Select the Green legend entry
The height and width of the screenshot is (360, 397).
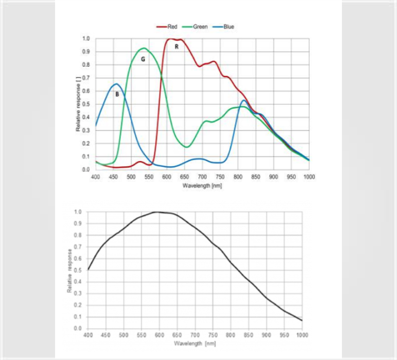200,27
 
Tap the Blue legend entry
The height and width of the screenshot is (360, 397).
228,27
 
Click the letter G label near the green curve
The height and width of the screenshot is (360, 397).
143,59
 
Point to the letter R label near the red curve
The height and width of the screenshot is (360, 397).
176,47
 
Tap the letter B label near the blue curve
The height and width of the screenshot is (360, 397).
117,94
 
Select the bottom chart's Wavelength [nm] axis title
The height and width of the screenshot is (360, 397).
195,343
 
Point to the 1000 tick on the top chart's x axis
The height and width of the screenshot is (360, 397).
309,176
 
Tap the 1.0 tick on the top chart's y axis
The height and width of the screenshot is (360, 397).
86,39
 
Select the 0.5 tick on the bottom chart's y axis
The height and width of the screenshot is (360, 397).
77,270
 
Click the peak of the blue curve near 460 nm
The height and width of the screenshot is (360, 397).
116,84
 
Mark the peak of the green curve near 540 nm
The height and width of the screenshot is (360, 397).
144,48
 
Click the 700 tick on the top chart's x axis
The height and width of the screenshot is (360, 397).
202,176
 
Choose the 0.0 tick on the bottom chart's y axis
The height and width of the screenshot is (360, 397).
77,328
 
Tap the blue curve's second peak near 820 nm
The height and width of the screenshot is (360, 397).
244,101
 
